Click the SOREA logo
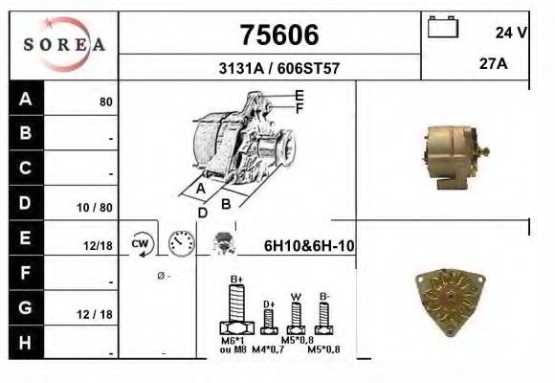64,44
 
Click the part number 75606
278,35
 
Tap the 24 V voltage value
511,33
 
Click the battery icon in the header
443,27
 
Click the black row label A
25,99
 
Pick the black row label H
25,342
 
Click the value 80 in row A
106,101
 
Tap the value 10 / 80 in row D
98,206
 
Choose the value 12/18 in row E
98,246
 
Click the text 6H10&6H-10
309,246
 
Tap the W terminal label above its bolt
297,296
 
